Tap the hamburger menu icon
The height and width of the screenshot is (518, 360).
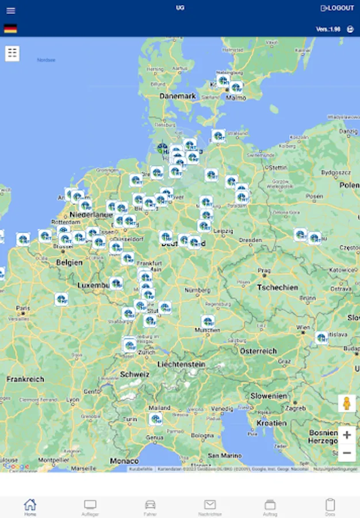(x=11, y=10)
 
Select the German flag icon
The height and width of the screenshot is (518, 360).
(x=10, y=28)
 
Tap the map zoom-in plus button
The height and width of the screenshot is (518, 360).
(x=347, y=435)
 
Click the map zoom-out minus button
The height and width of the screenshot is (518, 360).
(x=347, y=453)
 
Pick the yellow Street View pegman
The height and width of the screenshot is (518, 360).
(x=347, y=403)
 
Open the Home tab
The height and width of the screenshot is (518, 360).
(x=30, y=507)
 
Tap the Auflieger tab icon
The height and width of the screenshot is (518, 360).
(x=90, y=507)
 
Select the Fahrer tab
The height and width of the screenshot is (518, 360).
(x=150, y=507)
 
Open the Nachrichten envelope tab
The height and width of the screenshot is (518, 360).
(x=210, y=507)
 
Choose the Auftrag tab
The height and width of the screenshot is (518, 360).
(x=270, y=507)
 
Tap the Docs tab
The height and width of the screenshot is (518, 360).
(x=330, y=507)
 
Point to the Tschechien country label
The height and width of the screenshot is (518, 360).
(x=277, y=287)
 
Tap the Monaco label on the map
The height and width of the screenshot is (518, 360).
(x=124, y=461)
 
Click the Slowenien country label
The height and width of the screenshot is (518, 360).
(x=269, y=396)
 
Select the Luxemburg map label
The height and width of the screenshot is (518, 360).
(x=93, y=285)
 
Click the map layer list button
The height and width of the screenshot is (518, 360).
(x=13, y=54)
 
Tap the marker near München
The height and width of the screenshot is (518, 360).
(x=208, y=321)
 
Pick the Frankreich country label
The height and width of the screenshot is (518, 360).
(x=25, y=379)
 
